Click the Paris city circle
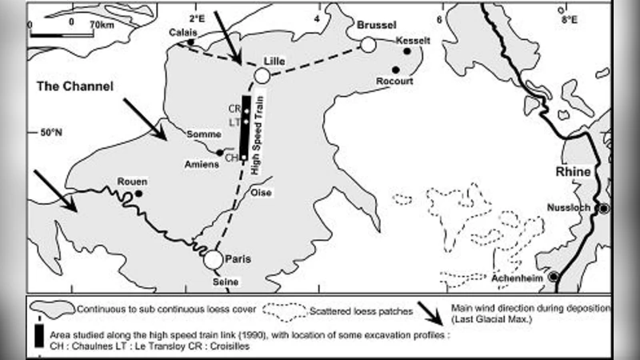coord(212,260)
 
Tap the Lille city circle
coord(262,76)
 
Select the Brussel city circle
coord(367,45)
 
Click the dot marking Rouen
coord(138,193)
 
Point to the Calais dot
coord(190,42)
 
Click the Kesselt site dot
coord(407,51)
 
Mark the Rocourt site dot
coord(396,70)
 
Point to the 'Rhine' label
coord(577,172)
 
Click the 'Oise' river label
coord(262,193)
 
